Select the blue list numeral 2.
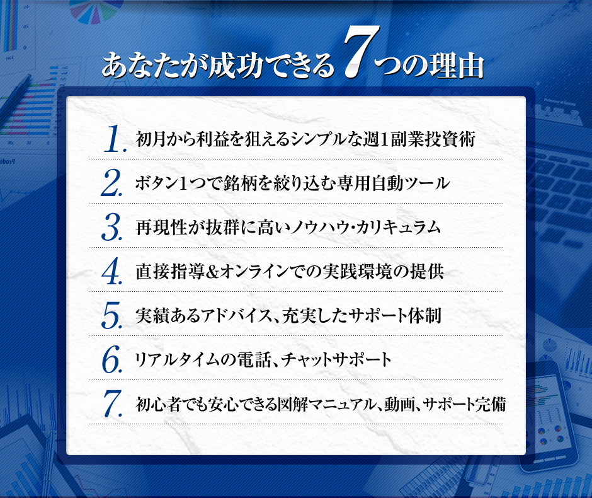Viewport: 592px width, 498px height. (x=111, y=183)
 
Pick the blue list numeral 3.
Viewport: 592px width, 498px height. (x=111, y=227)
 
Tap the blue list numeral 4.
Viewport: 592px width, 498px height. (x=111, y=271)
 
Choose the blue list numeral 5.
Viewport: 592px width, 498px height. (x=111, y=315)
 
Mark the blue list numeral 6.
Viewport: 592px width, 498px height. (x=111, y=359)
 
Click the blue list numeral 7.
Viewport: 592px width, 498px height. (x=113, y=403)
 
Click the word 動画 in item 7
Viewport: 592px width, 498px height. (x=399, y=404)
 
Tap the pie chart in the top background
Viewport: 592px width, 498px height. (x=96, y=11)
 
